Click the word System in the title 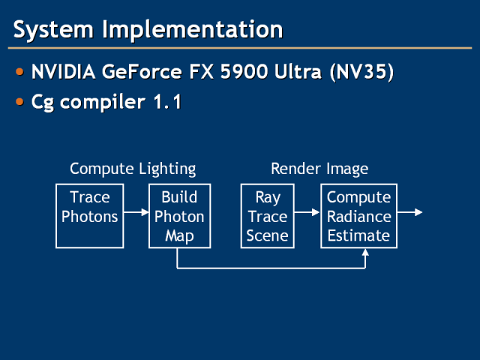point(53,30)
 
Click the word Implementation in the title point(193,30)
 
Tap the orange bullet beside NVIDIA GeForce point(20,72)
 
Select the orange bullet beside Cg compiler point(20,102)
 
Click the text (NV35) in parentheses point(361,73)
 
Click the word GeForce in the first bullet point(142,72)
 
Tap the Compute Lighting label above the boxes point(133,169)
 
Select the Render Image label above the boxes point(319,169)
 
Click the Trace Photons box point(90,216)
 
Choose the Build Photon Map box point(180,216)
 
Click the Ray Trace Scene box point(268,216)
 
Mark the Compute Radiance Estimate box point(358,216)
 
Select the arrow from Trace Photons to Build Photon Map point(136,211)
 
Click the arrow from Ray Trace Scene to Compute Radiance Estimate point(307,211)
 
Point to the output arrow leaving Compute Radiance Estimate point(410,211)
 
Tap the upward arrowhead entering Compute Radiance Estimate point(365,252)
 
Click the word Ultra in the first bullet point(298,72)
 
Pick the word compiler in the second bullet point(103,103)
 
